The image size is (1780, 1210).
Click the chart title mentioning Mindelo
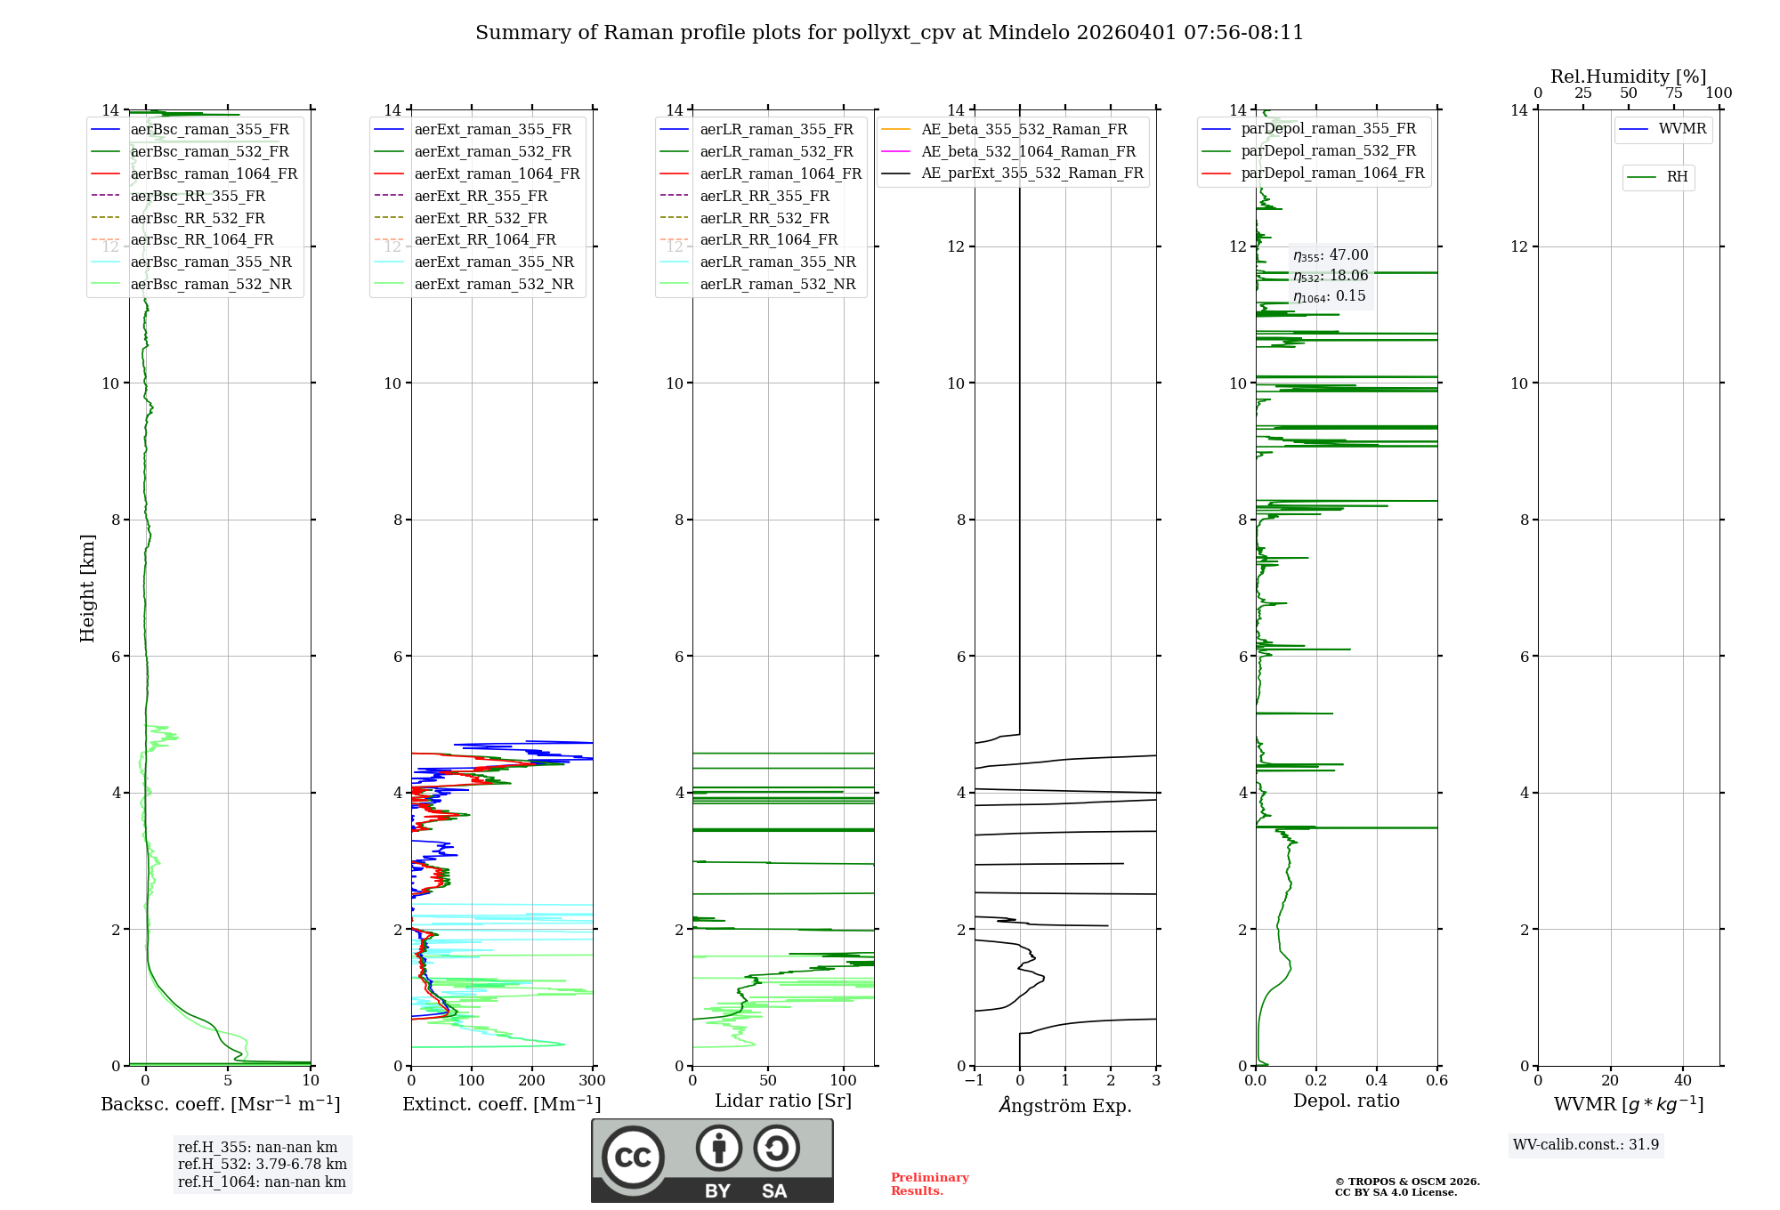[889, 33]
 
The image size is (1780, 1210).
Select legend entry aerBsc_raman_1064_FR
[214, 174]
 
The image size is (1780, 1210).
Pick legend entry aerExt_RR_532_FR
[481, 218]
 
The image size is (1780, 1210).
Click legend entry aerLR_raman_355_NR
[777, 262]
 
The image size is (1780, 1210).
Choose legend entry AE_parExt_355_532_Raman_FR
[1032, 173]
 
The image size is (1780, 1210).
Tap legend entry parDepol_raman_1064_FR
[1332, 173]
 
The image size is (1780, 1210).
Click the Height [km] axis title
[87, 588]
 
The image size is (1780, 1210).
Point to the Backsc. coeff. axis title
[221, 1104]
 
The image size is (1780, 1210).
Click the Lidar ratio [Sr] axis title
[783, 1101]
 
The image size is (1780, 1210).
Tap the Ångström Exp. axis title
[1065, 1105]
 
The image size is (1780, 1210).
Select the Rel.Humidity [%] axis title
[1628, 77]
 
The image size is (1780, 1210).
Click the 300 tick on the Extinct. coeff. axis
[592, 1081]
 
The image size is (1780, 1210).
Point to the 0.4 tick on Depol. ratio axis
[1377, 1081]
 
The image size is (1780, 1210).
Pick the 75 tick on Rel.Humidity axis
[1674, 93]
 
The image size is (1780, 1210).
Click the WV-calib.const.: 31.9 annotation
[1586, 1145]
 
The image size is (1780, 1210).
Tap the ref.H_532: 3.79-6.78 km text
[263, 1165]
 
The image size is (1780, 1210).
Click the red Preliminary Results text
[929, 1184]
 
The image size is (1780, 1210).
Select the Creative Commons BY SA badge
[712, 1160]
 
